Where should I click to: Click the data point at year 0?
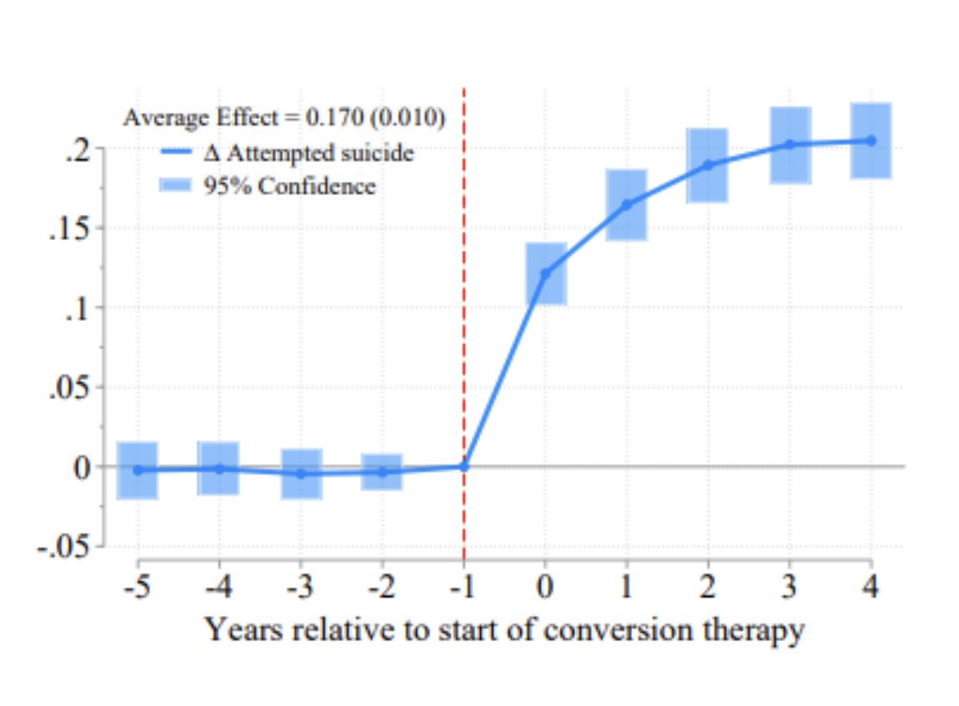[x=545, y=273]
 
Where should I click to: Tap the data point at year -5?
[x=138, y=470]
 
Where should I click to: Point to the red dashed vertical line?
[x=464, y=333]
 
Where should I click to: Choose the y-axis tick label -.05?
[x=63, y=547]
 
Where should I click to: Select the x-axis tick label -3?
[x=301, y=587]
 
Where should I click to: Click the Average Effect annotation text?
[x=284, y=118]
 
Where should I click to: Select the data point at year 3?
[x=790, y=144]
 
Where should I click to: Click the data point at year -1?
[x=464, y=467]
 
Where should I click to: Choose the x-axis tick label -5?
[x=138, y=587]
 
